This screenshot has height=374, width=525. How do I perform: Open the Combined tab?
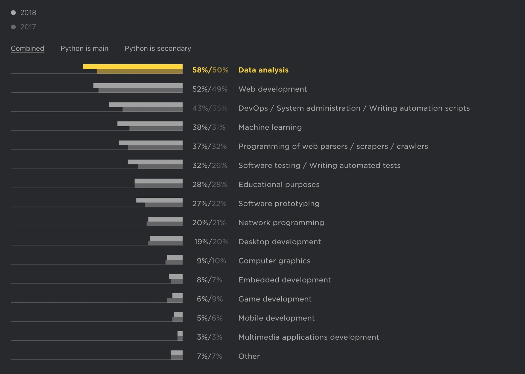click(x=27, y=48)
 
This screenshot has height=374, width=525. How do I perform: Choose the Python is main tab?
click(x=84, y=48)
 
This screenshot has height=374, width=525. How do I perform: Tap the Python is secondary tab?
click(x=158, y=48)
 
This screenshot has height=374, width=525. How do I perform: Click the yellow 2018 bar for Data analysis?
click(x=133, y=66)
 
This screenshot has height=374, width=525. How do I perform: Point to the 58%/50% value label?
click(x=210, y=70)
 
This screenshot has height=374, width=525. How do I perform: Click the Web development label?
click(x=272, y=89)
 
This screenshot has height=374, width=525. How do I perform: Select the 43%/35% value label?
click(x=210, y=108)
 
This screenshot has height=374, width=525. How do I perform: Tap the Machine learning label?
click(x=270, y=127)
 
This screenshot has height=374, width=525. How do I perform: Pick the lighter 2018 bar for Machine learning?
click(x=150, y=124)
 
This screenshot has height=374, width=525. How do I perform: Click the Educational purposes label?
click(x=279, y=185)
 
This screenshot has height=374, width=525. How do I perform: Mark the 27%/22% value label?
click(x=209, y=204)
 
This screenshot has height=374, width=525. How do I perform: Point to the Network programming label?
click(x=281, y=223)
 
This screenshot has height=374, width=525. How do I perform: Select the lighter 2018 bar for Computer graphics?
click(x=175, y=257)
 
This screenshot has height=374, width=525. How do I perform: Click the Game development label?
click(x=275, y=299)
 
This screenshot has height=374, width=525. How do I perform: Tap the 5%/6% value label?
click(x=209, y=318)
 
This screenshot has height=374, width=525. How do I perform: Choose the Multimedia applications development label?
click(x=308, y=337)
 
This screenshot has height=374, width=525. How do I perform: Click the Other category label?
click(x=249, y=356)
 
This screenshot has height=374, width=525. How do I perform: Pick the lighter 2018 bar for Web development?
click(x=138, y=86)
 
